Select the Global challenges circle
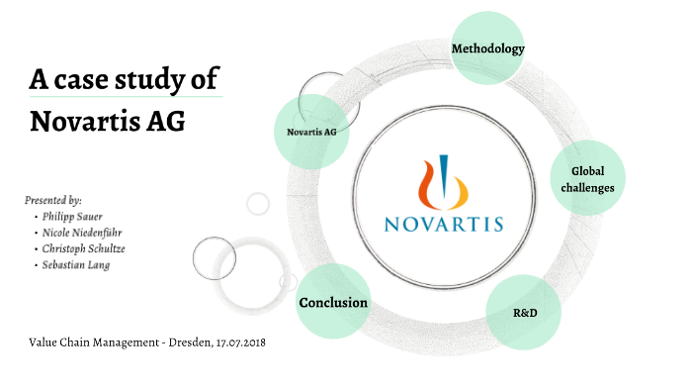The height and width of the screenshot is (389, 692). click(591, 177)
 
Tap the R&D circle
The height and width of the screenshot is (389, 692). click(524, 312)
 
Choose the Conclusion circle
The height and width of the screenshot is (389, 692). click(333, 302)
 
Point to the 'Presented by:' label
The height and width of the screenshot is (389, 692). click(52, 200)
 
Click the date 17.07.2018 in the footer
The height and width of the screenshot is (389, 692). click(233, 341)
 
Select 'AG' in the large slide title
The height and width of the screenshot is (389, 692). click(166, 122)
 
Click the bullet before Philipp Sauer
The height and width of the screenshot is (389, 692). click(37, 216)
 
